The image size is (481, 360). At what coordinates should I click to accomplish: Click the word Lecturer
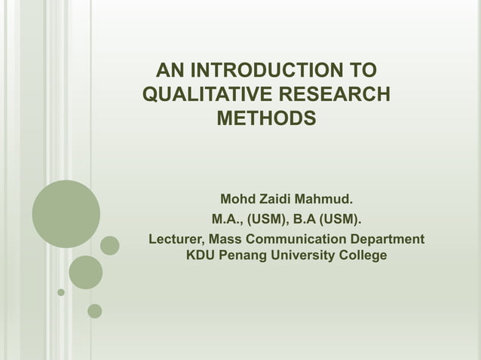coord(175,239)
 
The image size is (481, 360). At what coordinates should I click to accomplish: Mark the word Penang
coord(245,256)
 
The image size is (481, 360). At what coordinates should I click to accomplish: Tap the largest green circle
coord(66,214)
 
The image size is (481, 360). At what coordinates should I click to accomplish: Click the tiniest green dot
coord(61,292)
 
